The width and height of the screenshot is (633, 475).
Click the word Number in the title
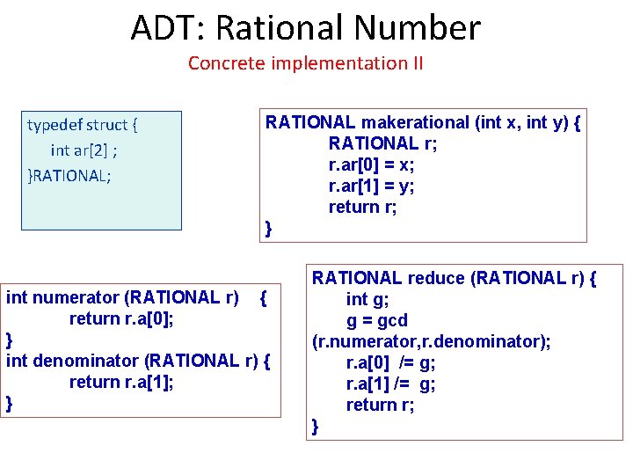click(x=424, y=28)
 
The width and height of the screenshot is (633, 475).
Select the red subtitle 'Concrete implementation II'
click(x=305, y=63)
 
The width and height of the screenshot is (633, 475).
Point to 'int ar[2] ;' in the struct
click(x=84, y=150)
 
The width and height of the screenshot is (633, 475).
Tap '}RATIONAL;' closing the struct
click(x=69, y=175)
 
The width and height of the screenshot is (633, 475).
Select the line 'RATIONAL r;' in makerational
click(x=374, y=143)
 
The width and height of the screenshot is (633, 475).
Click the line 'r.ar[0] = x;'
click(x=372, y=164)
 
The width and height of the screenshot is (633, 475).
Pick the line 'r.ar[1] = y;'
click(x=372, y=186)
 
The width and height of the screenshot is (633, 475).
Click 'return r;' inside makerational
click(x=363, y=207)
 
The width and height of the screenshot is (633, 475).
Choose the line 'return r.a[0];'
click(x=121, y=318)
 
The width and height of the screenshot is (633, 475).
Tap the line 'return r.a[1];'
click(x=121, y=382)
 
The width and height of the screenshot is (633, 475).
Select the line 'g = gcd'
click(x=377, y=320)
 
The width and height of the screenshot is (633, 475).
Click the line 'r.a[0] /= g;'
click(x=391, y=362)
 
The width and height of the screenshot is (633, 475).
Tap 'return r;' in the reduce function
click(x=380, y=405)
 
